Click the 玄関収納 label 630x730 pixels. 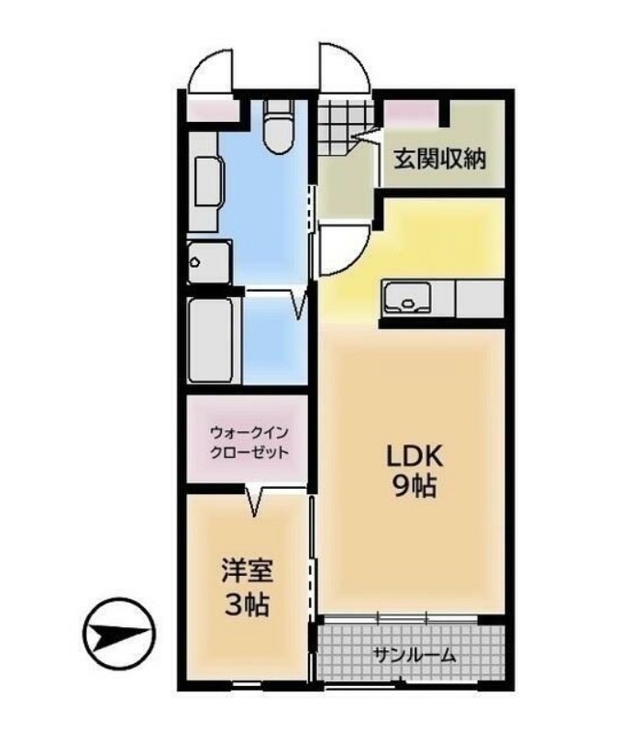tap(441, 157)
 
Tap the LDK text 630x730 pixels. tap(414, 456)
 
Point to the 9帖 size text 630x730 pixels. tap(414, 486)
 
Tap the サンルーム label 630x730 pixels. tap(414, 655)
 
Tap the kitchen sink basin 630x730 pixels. tap(405, 299)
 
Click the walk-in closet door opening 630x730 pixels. tap(255, 500)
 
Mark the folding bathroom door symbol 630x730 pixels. tap(297, 304)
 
